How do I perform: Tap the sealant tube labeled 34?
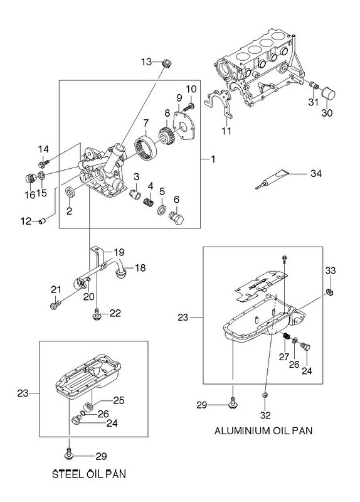(272, 179)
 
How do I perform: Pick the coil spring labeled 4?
(148, 202)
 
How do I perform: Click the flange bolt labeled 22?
(97, 314)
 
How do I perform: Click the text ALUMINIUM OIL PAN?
(263, 430)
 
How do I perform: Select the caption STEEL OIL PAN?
(89, 474)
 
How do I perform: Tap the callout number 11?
(226, 131)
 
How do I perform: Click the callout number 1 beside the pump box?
(213, 159)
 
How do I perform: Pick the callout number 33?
(331, 270)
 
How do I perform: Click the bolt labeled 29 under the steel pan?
(69, 454)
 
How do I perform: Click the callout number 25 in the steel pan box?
(119, 400)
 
